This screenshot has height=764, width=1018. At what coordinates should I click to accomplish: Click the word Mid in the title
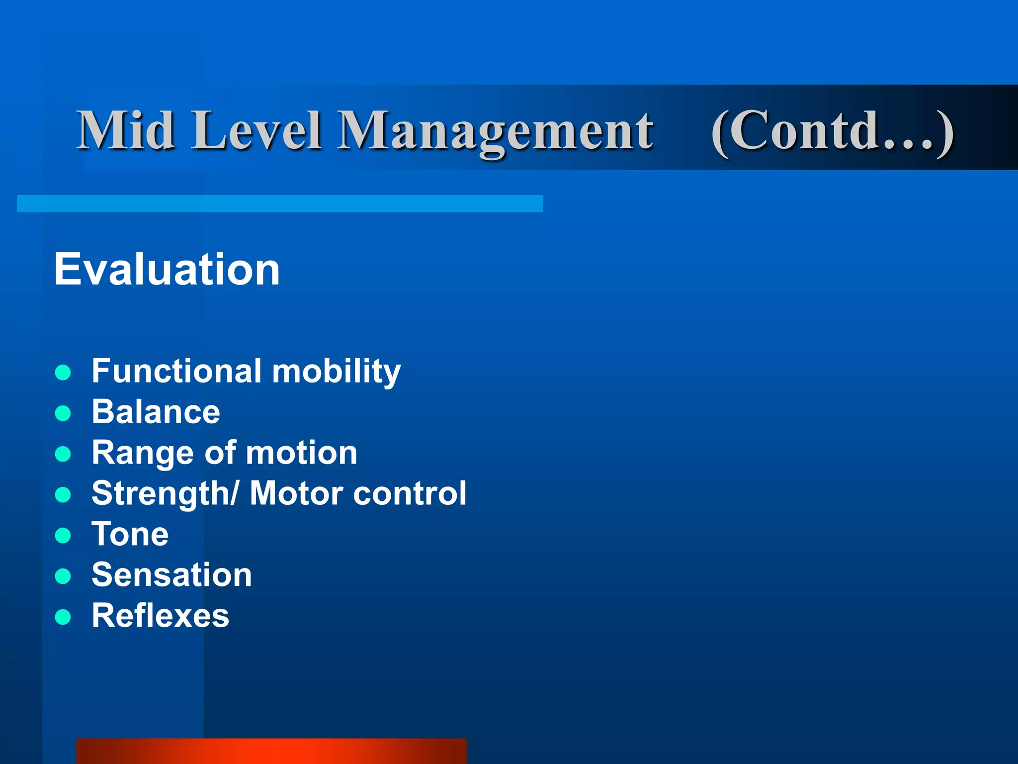125,130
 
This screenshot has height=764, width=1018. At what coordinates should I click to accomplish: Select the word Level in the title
257,130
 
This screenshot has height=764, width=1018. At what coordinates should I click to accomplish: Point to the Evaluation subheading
167,269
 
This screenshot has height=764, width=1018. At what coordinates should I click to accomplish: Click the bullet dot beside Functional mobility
63,372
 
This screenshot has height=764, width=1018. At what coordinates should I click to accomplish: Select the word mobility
336,372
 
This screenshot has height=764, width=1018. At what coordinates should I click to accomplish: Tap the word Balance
156,412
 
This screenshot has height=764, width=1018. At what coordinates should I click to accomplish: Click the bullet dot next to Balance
63,413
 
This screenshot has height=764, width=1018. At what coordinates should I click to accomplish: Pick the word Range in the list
143,454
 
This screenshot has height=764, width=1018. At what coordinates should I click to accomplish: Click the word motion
301,453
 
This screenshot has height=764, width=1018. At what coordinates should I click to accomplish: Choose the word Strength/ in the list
165,494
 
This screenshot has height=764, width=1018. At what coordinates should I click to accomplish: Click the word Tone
130,535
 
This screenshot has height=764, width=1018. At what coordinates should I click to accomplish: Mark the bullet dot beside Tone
63,536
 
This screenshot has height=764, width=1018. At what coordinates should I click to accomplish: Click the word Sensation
171,575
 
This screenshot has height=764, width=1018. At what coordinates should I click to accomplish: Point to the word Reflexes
160,616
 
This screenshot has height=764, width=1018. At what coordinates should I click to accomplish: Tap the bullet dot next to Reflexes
63,617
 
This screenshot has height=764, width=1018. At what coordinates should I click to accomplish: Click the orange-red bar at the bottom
271,751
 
